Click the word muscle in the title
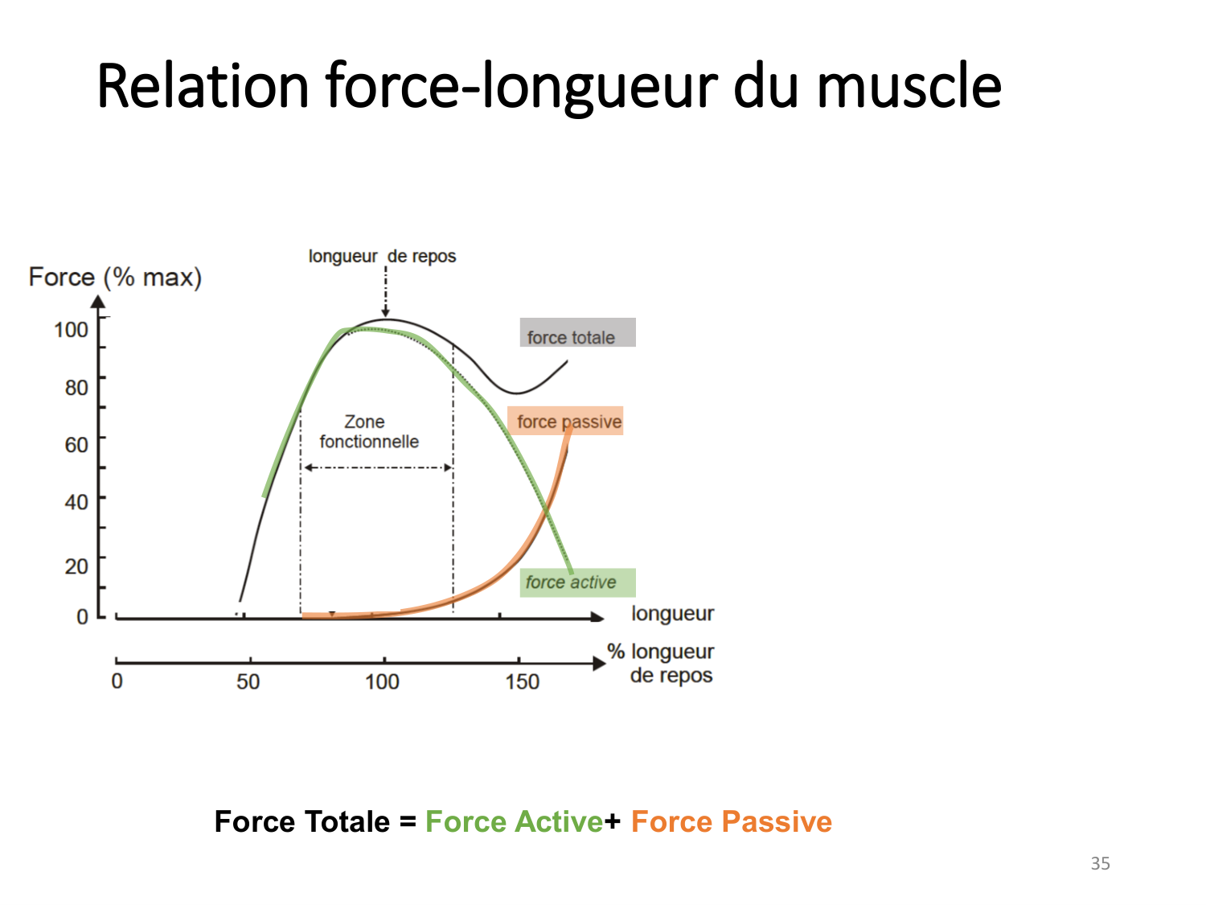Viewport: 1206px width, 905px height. coord(909,86)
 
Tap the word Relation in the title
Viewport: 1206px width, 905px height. coord(203,86)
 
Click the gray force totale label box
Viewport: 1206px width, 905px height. coord(577,332)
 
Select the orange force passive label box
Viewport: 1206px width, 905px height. coord(565,421)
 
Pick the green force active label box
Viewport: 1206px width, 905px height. coord(577,582)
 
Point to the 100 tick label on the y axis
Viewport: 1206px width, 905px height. coord(71,330)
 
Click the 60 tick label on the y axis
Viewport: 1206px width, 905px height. coord(76,445)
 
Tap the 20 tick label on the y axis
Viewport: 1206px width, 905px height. coord(76,566)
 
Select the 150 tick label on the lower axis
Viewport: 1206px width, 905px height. coord(522,682)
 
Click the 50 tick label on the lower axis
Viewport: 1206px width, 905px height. coord(248,682)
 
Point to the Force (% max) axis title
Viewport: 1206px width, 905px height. coord(116,277)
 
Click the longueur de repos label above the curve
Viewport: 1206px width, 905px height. coord(382,257)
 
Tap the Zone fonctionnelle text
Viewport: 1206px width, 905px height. coord(369,432)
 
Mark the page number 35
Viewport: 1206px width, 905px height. coord(1100,863)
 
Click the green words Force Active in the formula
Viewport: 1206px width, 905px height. coord(515,822)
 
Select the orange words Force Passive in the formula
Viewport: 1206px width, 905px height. coord(732,822)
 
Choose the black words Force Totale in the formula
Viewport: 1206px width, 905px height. coord(302,822)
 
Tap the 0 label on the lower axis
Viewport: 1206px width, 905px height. coord(117,681)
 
